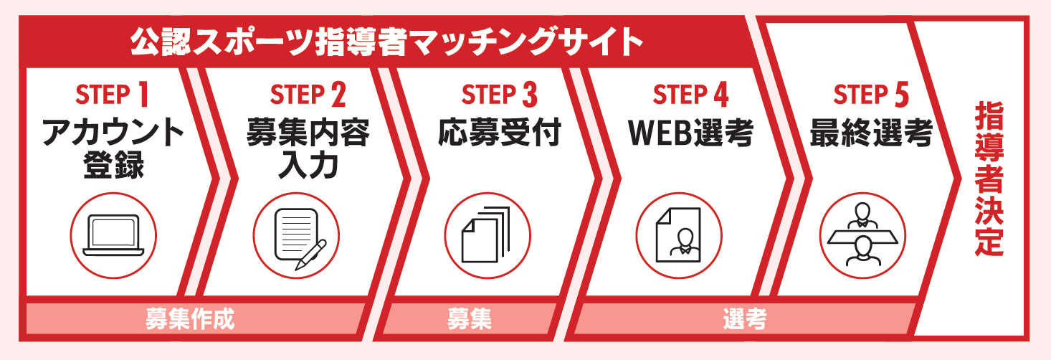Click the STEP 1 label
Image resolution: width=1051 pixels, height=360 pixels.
tap(112, 95)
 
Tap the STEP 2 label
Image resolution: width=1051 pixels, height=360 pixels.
tap(308, 95)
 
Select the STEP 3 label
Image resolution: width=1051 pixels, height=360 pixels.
tap(499, 95)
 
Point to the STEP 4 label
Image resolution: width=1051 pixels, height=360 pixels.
tap(690, 95)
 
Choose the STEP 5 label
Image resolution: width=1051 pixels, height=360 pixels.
tap(871, 95)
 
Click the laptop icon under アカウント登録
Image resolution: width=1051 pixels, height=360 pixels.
tap(113, 235)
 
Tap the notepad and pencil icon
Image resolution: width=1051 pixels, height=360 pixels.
tap(299, 238)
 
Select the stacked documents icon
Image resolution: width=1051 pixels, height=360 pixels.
tap(485, 235)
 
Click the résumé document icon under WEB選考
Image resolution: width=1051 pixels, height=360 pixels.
tap(678, 235)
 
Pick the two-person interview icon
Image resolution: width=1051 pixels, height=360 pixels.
tap(862, 235)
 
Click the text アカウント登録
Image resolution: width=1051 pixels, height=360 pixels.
tap(113, 148)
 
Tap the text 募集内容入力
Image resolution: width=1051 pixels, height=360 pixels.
tap(308, 148)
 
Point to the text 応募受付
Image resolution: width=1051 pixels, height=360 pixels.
tap(500, 133)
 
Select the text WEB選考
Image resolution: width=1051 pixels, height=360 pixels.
tap(690, 133)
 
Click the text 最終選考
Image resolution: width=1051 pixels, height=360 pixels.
tap(871, 133)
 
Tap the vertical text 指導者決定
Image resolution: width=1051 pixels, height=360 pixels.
tap(989, 179)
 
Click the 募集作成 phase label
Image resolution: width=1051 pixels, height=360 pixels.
tap(189, 319)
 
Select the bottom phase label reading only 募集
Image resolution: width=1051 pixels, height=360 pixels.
tap(469, 319)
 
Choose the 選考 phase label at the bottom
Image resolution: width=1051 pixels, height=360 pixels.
tap(745, 319)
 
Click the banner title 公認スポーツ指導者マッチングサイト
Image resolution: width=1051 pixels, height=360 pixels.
tap(386, 42)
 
